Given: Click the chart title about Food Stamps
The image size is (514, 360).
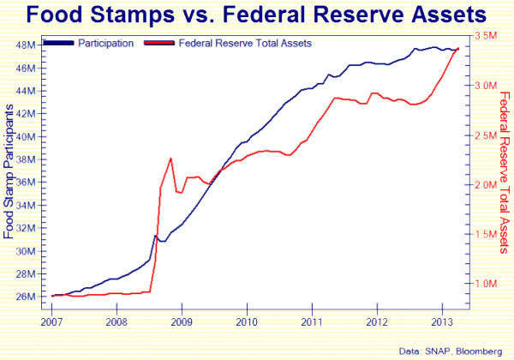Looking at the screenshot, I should [258, 15].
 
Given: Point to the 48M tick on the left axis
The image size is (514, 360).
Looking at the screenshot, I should [25, 45].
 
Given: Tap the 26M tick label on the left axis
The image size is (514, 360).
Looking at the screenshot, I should [25, 297].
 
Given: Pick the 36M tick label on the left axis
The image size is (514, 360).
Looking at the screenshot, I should [25, 183].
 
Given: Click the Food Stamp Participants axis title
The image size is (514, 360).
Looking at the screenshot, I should [9, 171].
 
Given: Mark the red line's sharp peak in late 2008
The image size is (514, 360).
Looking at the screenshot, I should [171, 159].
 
